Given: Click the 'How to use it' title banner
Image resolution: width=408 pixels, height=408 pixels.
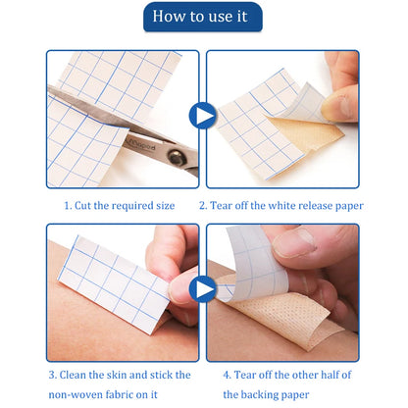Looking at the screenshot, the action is point(203,17).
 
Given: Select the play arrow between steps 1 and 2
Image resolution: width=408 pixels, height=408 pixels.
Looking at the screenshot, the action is point(203,116).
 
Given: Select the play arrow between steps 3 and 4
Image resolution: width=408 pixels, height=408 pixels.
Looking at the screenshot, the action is point(203,289).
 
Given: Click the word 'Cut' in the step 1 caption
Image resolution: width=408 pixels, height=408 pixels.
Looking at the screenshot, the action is point(83,206).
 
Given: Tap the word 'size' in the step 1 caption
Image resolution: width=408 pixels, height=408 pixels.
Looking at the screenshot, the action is point(165,206).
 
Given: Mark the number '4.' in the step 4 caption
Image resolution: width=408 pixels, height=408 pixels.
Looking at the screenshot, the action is point(228,375).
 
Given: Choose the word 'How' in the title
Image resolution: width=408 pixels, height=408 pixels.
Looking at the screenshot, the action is point(167,17).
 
